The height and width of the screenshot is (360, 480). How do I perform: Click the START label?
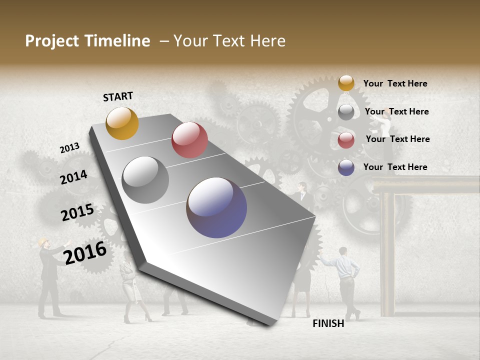pos(118,96)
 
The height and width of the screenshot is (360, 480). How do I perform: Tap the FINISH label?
pos(328,323)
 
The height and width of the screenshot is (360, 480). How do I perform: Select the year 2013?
pos(70,148)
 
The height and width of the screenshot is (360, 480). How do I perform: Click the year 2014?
pos(74,177)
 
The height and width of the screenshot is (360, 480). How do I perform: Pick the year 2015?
pos(77,212)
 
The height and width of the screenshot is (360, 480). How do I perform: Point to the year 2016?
pos(85,253)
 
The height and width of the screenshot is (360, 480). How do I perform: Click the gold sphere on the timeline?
pos(122,123)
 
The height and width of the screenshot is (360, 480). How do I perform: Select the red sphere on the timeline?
pos(189,140)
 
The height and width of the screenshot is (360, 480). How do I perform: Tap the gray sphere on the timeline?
pos(145,180)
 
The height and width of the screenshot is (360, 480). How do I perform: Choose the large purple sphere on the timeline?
pos(216,207)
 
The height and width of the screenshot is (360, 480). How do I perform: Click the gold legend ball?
pos(346,83)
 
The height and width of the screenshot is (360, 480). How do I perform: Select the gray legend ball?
pos(346,112)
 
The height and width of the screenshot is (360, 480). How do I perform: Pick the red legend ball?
pos(346,140)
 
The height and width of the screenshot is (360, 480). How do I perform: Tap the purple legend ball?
pos(346,167)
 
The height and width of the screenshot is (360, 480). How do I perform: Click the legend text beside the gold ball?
pos(395,83)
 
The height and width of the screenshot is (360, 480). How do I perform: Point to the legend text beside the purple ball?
pos(395,167)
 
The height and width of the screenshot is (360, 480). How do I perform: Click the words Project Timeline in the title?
pos(87,41)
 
